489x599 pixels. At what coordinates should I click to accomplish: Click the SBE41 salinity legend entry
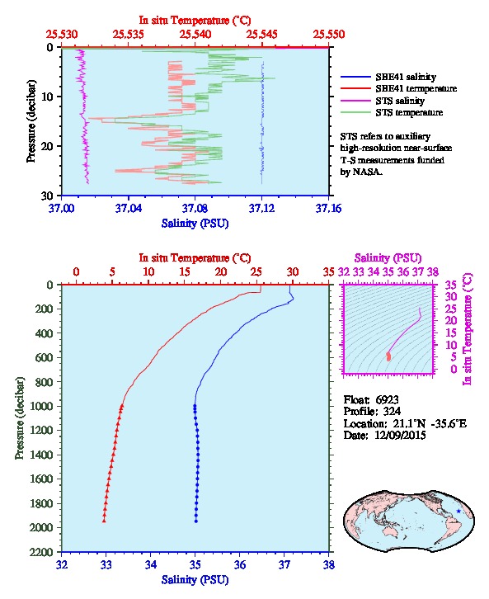point(406,77)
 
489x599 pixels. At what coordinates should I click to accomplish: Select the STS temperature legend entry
point(409,112)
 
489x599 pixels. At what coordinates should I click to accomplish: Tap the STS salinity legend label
point(400,101)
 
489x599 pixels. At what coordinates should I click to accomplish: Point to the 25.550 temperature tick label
point(329,35)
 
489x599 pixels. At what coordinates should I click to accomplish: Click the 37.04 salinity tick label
point(129,209)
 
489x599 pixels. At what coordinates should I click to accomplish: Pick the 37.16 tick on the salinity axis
point(328,209)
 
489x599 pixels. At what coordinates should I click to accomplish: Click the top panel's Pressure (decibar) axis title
point(31,120)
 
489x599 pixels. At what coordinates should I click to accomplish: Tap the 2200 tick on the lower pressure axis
point(42,552)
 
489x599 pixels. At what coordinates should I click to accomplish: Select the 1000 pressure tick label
point(42,406)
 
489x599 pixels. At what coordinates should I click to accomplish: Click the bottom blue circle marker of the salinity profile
point(195,521)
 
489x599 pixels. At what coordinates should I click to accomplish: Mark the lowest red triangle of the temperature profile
point(104,521)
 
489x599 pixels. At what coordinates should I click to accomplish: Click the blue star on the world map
point(458,512)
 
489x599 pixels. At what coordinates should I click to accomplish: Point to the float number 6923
point(387,400)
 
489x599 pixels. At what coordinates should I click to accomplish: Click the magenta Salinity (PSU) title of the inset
point(388,258)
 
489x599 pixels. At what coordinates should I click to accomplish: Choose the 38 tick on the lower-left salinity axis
point(328,564)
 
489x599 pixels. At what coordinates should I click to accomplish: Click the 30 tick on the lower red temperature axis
point(293,272)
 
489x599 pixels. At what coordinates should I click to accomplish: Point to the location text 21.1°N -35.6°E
point(430,423)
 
